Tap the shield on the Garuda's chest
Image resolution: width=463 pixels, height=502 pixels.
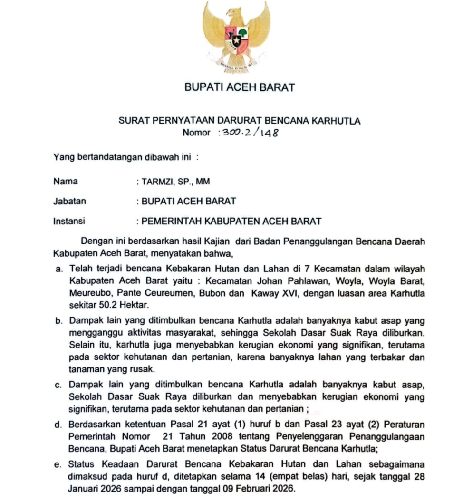236,40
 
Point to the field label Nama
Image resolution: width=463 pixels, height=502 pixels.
66,181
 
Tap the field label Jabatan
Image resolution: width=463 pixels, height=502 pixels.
70,201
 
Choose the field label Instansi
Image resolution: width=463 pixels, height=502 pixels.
69,221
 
